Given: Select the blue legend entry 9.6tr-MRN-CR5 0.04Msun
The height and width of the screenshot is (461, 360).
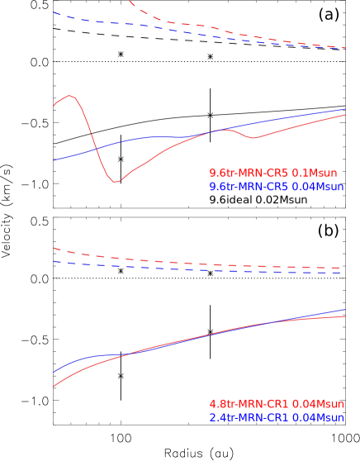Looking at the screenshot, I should click(x=276, y=188).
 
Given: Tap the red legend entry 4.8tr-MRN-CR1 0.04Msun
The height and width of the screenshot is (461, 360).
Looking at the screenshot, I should click(x=276, y=404).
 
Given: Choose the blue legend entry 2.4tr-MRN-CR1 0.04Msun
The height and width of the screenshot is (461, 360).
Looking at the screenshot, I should click(x=276, y=418).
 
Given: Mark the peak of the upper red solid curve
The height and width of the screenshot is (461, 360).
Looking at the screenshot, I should click(x=71, y=96).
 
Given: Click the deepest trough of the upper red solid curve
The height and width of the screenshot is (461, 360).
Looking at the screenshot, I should click(x=116, y=182).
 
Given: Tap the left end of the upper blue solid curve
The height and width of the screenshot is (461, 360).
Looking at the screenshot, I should click(x=54, y=160).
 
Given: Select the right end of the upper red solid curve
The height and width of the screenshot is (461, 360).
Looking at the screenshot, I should click(x=345, y=115).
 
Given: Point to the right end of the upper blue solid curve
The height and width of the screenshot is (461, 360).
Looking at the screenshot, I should click(x=345, y=109).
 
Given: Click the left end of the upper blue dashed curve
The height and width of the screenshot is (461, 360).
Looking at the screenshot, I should click(x=54, y=12).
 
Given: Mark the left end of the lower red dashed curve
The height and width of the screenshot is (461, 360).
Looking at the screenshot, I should click(x=54, y=248).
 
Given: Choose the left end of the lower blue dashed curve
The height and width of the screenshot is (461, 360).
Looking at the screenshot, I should click(x=54, y=262).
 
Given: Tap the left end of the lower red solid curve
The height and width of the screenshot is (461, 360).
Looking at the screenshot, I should click(x=54, y=386).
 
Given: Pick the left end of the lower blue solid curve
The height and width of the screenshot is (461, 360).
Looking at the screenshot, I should click(x=54, y=372).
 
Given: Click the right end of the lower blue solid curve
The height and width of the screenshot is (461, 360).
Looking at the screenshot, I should click(x=345, y=310).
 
